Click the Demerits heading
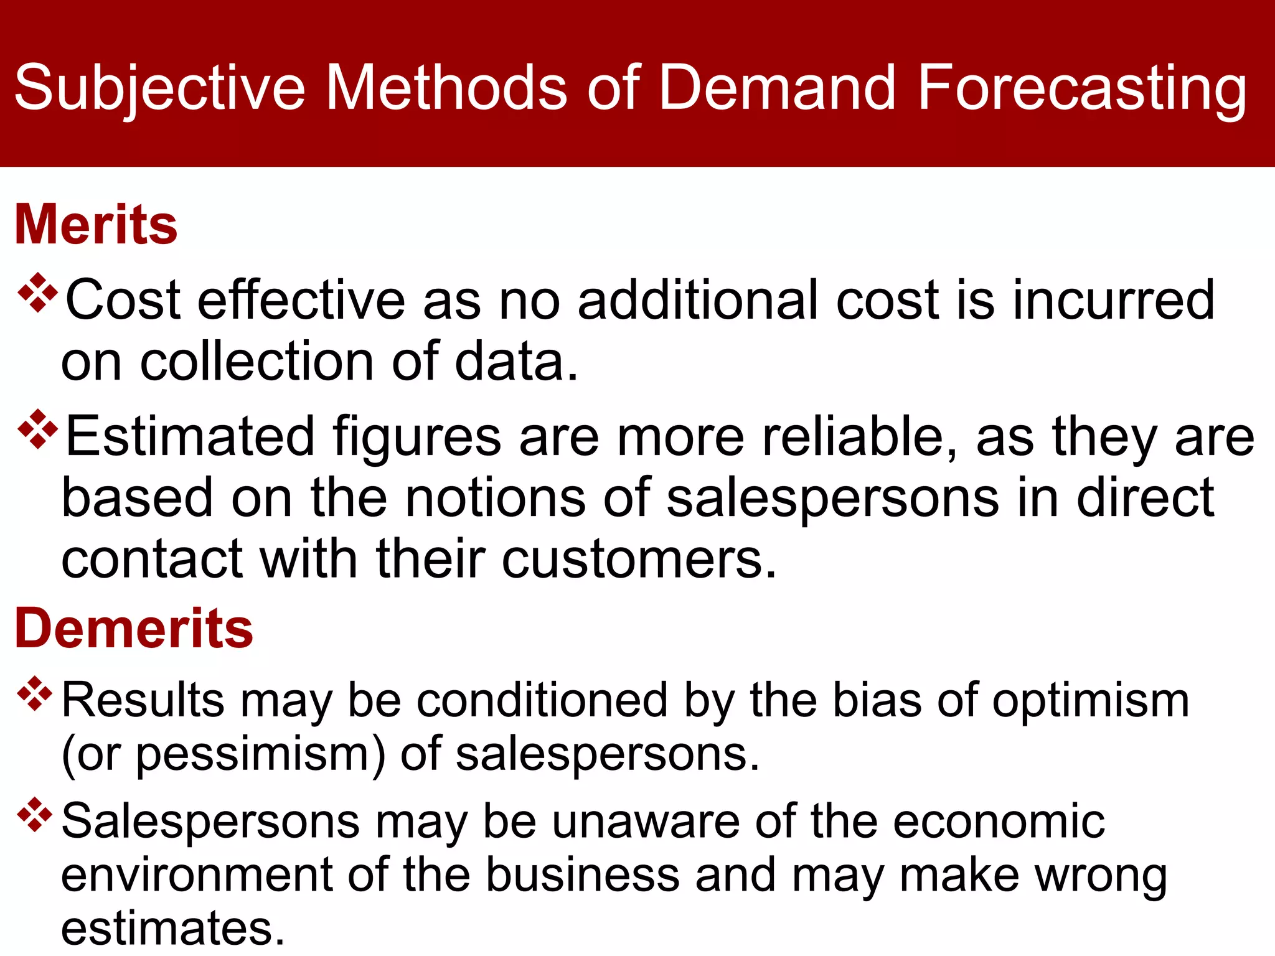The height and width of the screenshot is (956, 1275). [x=134, y=629]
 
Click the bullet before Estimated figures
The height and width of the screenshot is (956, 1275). [x=38, y=429]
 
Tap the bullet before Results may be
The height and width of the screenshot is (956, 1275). [x=35, y=693]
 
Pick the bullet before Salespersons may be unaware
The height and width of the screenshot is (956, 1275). [x=35, y=815]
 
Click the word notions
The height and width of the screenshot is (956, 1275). [x=496, y=498]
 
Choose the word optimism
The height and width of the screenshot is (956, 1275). [x=1090, y=700]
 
